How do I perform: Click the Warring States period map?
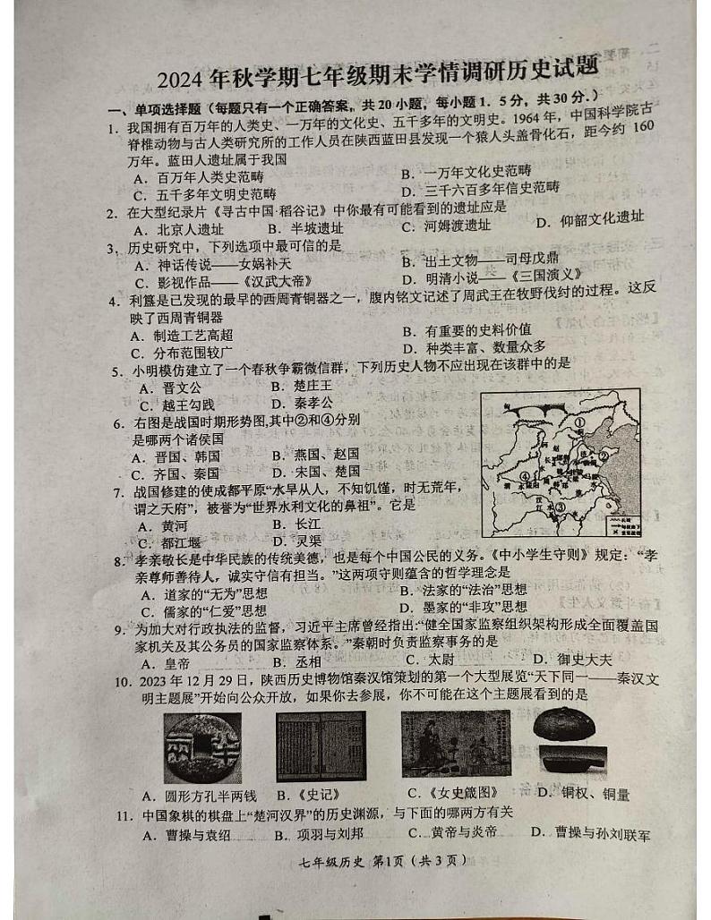pos(559,462)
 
